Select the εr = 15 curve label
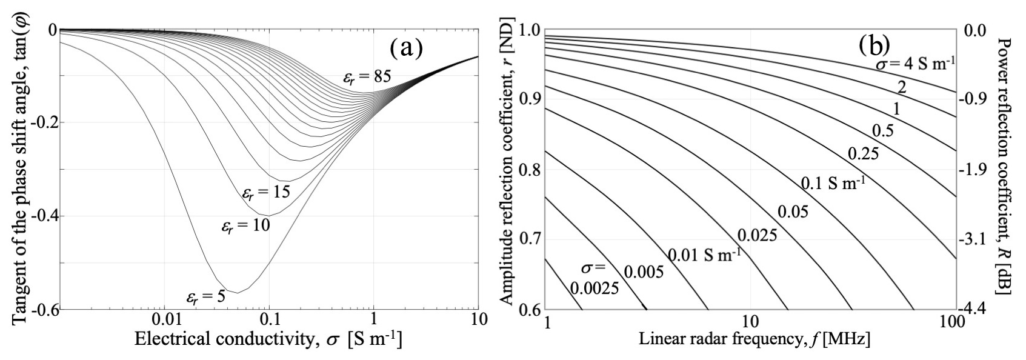(265, 193)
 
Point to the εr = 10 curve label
(245, 226)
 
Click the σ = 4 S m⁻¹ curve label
(913, 63)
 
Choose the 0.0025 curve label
(594, 288)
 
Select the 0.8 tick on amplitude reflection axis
(528, 168)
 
